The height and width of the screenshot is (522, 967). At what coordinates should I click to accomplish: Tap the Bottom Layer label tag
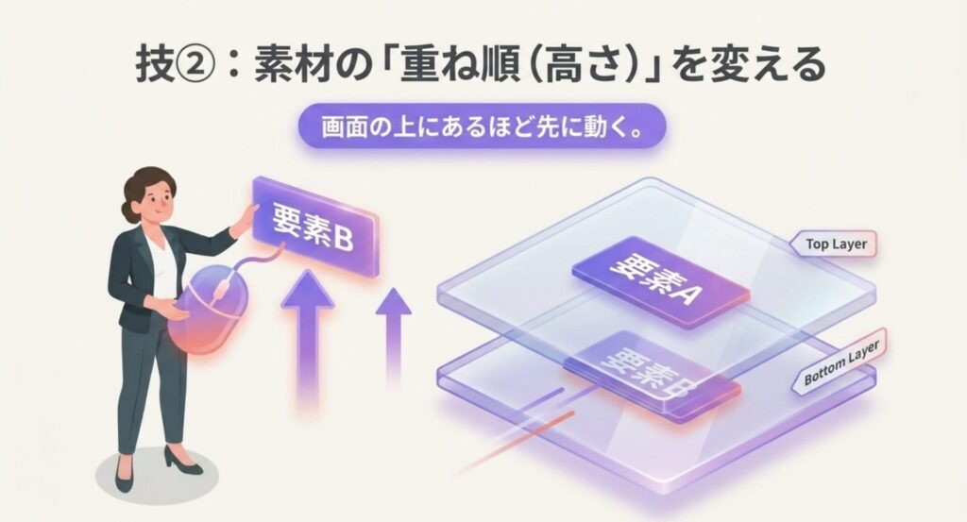point(841,367)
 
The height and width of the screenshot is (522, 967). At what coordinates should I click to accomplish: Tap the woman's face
point(157,201)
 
